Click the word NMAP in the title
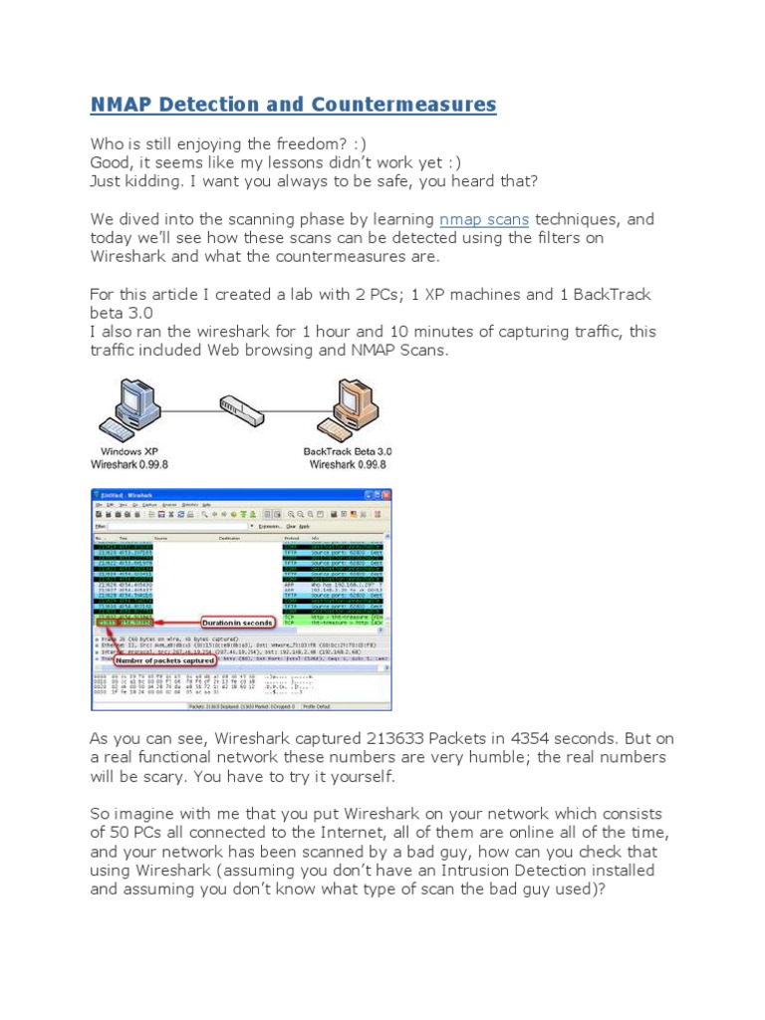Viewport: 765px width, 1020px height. (x=121, y=105)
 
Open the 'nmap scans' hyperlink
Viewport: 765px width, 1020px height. (x=484, y=219)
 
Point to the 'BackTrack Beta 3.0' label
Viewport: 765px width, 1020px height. (x=348, y=451)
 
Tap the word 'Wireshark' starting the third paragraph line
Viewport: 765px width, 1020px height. (x=132, y=257)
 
